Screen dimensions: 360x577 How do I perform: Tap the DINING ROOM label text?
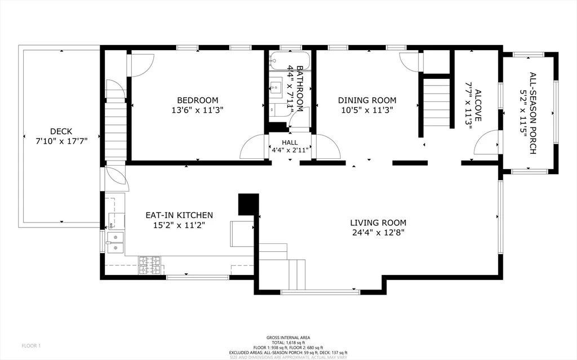coord(367,100)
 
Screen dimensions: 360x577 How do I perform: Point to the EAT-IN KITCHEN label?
coord(179,215)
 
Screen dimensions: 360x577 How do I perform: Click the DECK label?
coord(61,129)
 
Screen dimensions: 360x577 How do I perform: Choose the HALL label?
coord(290,143)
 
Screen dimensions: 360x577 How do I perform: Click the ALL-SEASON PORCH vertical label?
coord(532,113)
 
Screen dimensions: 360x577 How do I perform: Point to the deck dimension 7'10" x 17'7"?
coord(61,139)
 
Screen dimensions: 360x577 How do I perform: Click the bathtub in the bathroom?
coord(282,60)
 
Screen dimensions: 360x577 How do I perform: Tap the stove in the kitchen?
coord(150,266)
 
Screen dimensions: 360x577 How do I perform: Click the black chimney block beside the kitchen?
coord(248,204)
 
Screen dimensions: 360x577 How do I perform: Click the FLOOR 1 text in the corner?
coord(32,345)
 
